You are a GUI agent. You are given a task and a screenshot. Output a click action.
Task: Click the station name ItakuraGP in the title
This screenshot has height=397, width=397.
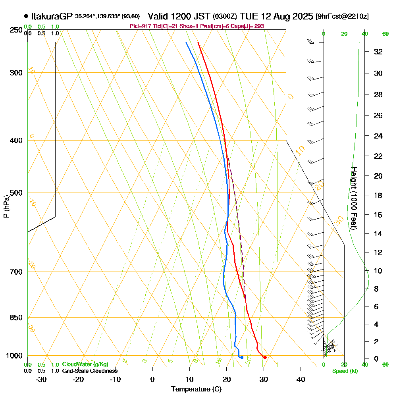point(52,16)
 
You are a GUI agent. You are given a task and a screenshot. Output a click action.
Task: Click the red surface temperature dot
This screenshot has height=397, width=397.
point(265,357)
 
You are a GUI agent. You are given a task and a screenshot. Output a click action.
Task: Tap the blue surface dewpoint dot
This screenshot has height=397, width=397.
point(242,357)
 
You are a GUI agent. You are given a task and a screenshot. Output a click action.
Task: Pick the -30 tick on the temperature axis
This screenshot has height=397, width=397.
point(41,379)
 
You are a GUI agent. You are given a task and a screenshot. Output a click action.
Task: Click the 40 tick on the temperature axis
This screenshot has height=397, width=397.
point(301,379)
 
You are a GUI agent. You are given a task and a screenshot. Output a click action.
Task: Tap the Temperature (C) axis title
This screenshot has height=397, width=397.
point(196,389)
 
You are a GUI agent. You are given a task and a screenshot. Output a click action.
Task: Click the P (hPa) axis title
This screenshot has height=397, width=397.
point(6,206)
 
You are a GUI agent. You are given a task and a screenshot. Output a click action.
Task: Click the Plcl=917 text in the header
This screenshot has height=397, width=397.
point(140,26)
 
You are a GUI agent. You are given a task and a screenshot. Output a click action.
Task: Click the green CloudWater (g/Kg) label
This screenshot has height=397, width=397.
point(85,364)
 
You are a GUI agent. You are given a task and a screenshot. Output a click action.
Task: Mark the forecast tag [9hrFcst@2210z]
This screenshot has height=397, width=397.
point(342,17)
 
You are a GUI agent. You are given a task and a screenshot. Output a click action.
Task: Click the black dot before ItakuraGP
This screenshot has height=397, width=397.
point(26,16)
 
